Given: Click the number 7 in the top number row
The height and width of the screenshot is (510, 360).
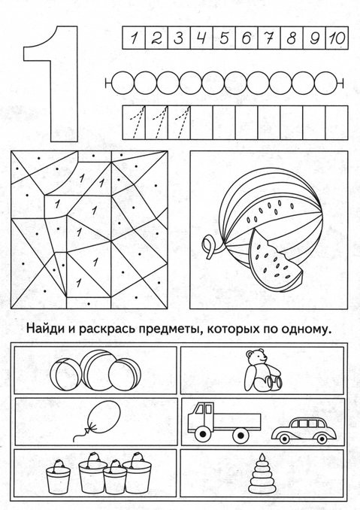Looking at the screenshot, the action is (269, 38).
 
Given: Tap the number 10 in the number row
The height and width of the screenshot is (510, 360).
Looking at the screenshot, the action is (337, 38).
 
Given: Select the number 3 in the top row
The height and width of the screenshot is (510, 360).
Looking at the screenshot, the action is (178, 38).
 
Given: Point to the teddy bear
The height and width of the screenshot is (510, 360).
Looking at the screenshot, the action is (262, 371).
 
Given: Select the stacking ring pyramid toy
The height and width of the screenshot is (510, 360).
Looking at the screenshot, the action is (261, 474).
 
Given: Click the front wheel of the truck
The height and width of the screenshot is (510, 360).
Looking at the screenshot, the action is (203, 434).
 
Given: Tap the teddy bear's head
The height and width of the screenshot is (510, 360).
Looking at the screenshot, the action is (256, 357).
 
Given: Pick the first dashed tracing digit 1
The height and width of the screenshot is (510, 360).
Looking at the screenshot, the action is (137, 122).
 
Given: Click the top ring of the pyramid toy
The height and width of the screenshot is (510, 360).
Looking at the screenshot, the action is (261, 461).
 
